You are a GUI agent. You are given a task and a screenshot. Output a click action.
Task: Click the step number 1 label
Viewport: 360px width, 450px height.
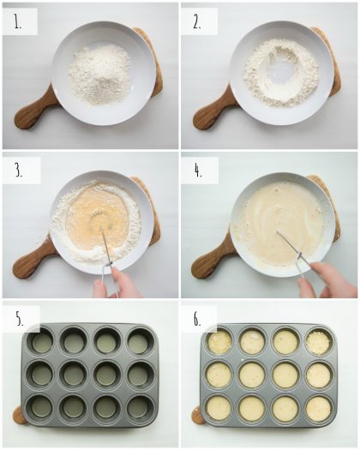[x=18, y=23]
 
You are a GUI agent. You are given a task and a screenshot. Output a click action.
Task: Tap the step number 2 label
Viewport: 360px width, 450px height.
[x=198, y=23]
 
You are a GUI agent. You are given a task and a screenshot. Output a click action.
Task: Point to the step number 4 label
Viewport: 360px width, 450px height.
[x=198, y=171]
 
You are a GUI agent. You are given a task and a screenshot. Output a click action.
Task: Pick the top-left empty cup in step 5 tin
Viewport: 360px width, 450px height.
[x=41, y=342]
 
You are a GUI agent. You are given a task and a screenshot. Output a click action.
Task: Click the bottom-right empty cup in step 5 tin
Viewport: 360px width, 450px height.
[x=137, y=406]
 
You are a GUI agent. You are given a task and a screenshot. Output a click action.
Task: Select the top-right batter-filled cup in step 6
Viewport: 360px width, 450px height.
[x=318, y=342]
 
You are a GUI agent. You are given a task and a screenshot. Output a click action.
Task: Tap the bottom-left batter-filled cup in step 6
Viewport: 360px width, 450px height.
[x=220, y=407]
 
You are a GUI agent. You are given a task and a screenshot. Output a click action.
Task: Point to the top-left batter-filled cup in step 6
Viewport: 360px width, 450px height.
[x=220, y=342]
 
